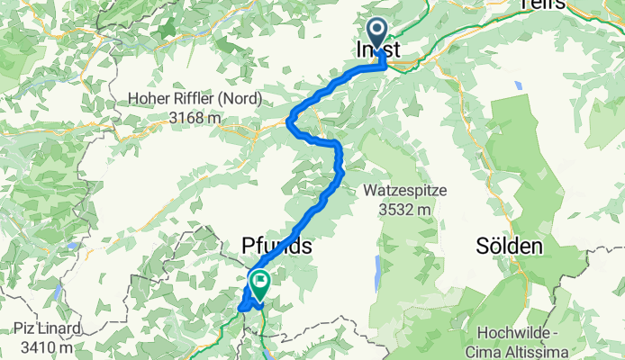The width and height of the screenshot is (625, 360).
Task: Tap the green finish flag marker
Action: coord(259,284)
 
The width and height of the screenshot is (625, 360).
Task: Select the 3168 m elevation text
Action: coord(190,117)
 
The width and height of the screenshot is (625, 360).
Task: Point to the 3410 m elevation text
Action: coord(50,343)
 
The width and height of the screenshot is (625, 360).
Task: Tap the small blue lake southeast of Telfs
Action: coord(519,86)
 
